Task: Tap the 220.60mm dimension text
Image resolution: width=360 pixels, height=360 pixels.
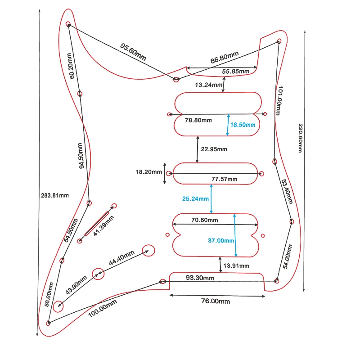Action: coord(299,138)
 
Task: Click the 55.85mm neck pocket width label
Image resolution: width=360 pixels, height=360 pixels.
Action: coord(236,72)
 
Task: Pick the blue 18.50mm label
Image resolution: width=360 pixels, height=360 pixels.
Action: coord(243,125)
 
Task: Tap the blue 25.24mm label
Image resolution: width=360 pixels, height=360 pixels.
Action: coord(195,198)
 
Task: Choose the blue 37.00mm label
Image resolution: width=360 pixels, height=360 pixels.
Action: coord(221,241)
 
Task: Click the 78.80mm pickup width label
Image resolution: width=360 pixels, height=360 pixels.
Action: coord(198,120)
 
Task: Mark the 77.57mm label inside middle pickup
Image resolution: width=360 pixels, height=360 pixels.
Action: coord(225,179)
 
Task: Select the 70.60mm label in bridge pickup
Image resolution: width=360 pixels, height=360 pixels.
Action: coord(205,220)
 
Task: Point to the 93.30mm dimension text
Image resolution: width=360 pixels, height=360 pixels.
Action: coord(200,278)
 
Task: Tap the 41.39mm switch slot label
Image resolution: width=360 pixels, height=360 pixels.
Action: coord(103,226)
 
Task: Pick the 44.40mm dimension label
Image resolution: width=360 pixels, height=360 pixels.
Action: coord(121,257)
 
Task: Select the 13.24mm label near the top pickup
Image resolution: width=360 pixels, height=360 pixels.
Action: coord(208,85)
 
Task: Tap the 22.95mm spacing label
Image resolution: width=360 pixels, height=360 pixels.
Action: coord(214,149)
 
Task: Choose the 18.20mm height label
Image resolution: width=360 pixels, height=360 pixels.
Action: coord(148,172)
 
